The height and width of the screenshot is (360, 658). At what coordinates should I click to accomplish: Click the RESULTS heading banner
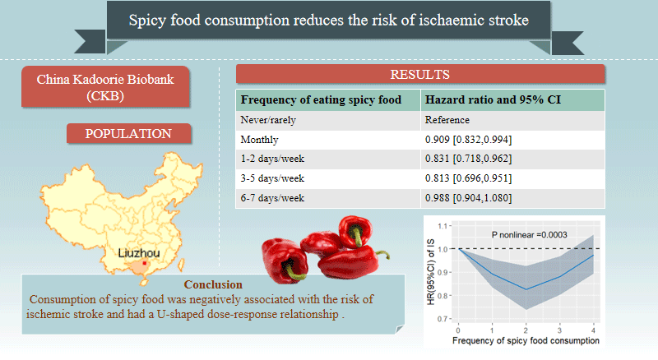coord(420,74)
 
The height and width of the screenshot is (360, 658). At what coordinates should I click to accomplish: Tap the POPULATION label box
coord(128,133)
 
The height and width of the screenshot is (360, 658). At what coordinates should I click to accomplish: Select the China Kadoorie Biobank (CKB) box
coord(105,87)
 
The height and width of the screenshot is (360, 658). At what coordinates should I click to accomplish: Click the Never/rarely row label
coord(268,120)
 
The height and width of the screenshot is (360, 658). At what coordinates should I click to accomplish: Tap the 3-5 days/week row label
coord(272,178)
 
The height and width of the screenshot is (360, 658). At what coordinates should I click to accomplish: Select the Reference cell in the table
coord(447,120)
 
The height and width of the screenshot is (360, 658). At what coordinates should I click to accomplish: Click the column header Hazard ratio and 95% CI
coord(493,99)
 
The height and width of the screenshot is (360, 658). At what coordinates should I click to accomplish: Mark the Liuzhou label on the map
coord(139,253)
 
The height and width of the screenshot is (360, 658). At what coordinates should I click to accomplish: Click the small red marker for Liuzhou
coord(145,264)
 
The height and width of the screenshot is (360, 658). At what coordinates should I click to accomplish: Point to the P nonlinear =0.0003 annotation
coord(529,235)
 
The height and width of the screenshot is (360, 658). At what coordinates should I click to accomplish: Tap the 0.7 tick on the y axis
coord(443,319)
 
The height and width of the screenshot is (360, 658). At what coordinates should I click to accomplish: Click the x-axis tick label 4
coord(593,330)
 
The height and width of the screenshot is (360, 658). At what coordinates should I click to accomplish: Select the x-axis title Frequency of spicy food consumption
coord(526,341)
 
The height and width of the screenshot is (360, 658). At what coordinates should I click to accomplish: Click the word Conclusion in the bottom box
coord(213,284)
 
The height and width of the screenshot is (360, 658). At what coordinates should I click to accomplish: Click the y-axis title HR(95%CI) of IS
coord(430,272)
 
